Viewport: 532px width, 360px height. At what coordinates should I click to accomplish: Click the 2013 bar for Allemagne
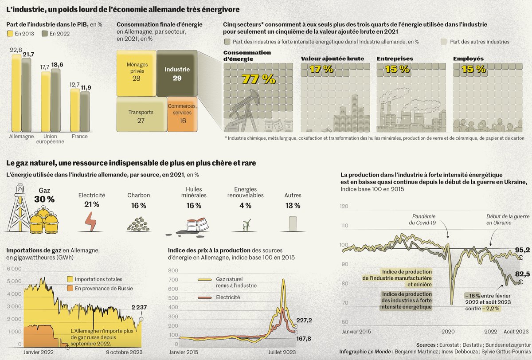pos(16,93)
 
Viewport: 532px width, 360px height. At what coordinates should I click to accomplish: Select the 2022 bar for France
pos(85,111)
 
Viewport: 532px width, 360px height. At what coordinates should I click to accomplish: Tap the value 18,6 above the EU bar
pos(57,65)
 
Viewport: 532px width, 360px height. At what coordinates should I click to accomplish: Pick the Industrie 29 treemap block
pos(177,73)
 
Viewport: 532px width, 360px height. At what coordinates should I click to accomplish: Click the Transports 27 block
pos(141,117)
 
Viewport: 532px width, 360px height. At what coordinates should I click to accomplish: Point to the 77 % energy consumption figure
pos(258,79)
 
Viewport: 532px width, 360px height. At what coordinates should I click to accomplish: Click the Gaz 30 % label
pos(44,195)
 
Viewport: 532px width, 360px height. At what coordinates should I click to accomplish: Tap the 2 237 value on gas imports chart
pos(138,307)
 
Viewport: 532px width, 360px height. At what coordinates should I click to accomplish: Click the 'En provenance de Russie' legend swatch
pos(70,288)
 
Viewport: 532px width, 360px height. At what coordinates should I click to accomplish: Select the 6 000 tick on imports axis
pos(13,269)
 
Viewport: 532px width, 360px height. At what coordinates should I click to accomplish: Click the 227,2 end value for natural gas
pos(304,320)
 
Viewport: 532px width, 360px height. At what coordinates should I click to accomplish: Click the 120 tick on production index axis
pos(344,207)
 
